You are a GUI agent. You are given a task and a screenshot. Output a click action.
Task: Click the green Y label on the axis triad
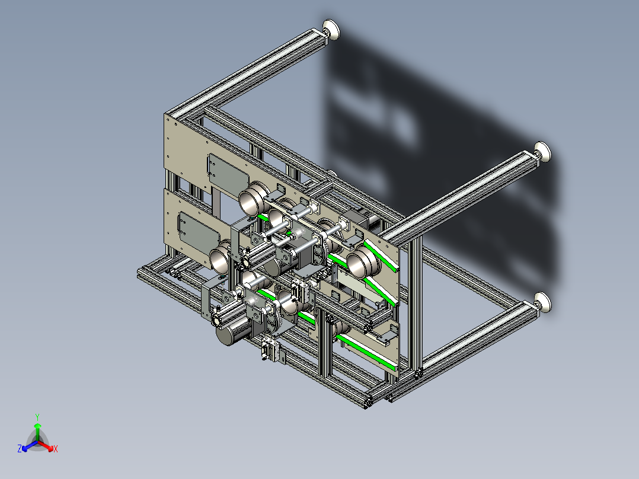[x=37, y=417]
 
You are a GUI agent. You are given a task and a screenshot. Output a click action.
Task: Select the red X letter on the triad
[x=56, y=449]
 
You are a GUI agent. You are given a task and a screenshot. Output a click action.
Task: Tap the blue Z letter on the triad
[x=19, y=449]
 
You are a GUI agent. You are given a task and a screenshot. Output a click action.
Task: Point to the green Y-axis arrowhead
[x=37, y=426]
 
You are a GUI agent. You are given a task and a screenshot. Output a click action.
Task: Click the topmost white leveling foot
[x=331, y=30]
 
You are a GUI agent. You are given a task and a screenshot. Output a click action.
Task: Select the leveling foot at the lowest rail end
[x=543, y=303]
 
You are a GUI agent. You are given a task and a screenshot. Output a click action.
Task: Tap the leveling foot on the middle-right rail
[x=542, y=152]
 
